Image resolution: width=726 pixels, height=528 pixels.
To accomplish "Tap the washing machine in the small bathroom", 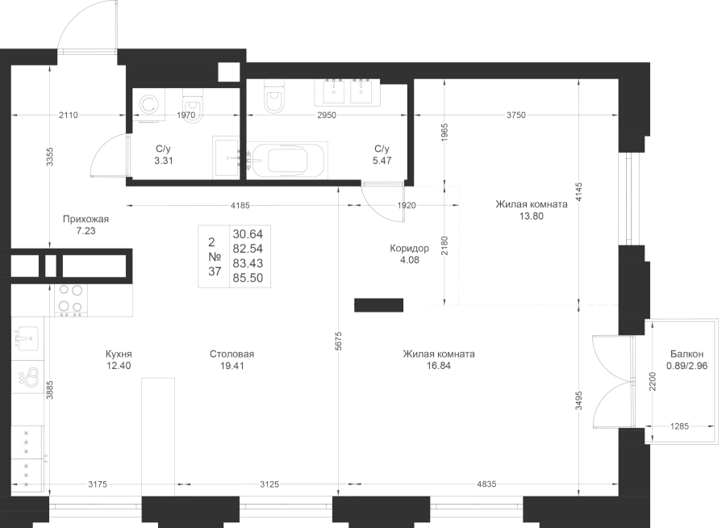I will click(x=148, y=104).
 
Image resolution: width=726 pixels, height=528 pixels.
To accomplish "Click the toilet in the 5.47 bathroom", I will click(x=274, y=98).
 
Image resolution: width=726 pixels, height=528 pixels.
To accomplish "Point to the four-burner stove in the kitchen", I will click(x=69, y=298).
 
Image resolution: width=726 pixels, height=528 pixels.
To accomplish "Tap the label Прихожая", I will click(x=86, y=219).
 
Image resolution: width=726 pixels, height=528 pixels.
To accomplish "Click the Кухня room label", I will click(x=118, y=354).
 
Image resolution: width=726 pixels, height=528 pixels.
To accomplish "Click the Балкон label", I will click(x=686, y=354).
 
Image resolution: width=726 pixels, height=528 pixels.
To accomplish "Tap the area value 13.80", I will click(x=530, y=216).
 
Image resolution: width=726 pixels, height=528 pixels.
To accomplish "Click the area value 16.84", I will click(x=439, y=365).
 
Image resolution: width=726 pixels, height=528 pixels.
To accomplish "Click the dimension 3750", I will click(x=515, y=115).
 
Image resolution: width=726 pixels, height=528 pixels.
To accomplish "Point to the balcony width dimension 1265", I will click(x=680, y=425).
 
